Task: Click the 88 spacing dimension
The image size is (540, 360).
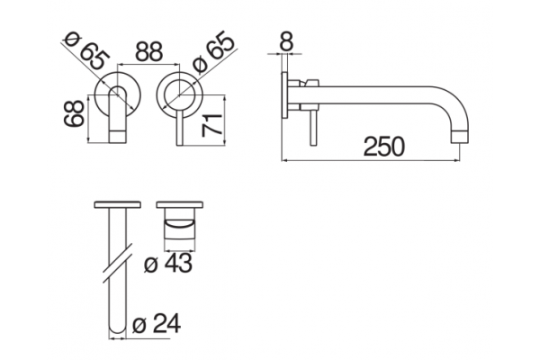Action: click(x=148, y=51)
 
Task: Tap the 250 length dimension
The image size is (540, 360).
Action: click(x=383, y=147)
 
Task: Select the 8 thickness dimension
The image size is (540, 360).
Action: click(x=286, y=41)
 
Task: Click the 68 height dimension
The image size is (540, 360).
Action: click(x=74, y=113)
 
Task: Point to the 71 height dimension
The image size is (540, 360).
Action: click(x=212, y=124)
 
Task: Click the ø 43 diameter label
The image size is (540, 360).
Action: click(x=168, y=264)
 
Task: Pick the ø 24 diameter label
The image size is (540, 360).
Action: click(x=157, y=324)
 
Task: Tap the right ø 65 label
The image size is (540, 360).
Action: click(x=213, y=51)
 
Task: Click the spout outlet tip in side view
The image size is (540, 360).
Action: click(x=460, y=137)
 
